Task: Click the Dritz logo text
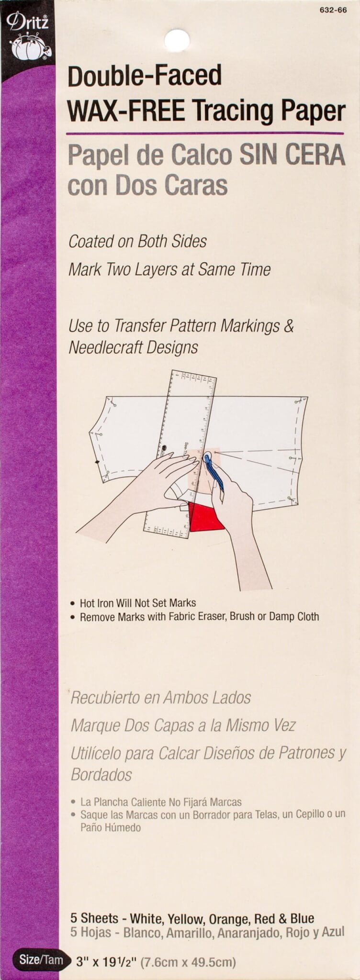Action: tap(27, 22)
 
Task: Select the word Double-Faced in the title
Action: tap(145, 76)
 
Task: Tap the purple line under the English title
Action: tap(205, 133)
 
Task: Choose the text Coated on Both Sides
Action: tap(137, 241)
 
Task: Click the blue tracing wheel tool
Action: tap(214, 472)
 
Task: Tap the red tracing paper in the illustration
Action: tap(206, 517)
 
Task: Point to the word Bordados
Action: tap(101, 774)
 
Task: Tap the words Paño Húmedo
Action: tap(111, 827)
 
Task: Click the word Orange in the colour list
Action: tap(226, 919)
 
